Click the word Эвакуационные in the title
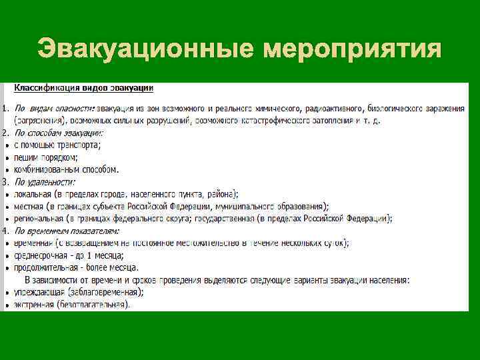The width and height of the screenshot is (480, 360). click(x=145, y=48)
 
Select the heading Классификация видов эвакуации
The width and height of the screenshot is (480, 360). click(x=85, y=88)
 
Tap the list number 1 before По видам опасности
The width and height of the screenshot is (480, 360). click(x=5, y=108)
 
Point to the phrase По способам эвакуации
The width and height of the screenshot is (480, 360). click(x=55, y=133)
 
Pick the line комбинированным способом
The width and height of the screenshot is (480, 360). click(x=67, y=169)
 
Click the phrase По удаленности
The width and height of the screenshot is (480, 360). click(x=45, y=181)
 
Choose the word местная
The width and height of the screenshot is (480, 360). click(x=29, y=206)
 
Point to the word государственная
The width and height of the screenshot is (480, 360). click(x=253, y=218)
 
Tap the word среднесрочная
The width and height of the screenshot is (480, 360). click(x=39, y=255)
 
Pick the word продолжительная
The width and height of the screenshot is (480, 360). click(x=46, y=267)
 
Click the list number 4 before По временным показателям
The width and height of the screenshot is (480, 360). click(x=5, y=231)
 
